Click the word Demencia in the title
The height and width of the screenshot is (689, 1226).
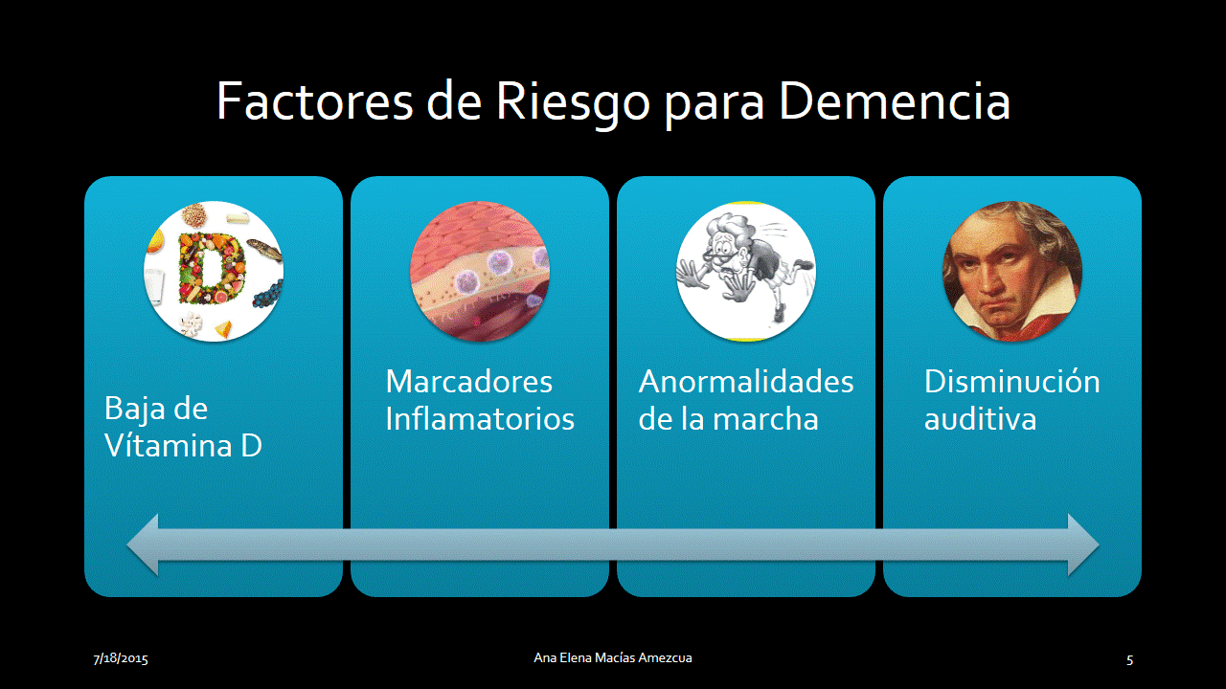coord(895,101)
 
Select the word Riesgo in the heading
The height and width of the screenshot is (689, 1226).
coord(573,105)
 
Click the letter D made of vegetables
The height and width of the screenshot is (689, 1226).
coord(211,268)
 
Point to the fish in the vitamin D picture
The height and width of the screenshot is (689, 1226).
coord(265,250)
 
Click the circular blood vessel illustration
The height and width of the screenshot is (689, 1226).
coord(480,271)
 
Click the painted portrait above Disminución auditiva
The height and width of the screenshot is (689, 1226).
coord(1012,271)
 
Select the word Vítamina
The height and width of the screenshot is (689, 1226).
coord(168,445)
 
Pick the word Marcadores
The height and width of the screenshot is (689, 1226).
coord(469,381)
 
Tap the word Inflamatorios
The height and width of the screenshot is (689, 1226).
coord(480,418)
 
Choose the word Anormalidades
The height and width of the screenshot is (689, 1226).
coord(746,381)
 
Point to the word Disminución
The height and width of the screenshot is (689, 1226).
coord(1012,381)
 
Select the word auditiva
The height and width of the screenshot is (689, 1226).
coord(980,419)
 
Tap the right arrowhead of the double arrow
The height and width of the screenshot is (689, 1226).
coord(1083,545)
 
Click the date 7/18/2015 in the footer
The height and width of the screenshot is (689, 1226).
coord(121,658)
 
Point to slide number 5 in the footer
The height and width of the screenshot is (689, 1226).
coord(1129,659)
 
